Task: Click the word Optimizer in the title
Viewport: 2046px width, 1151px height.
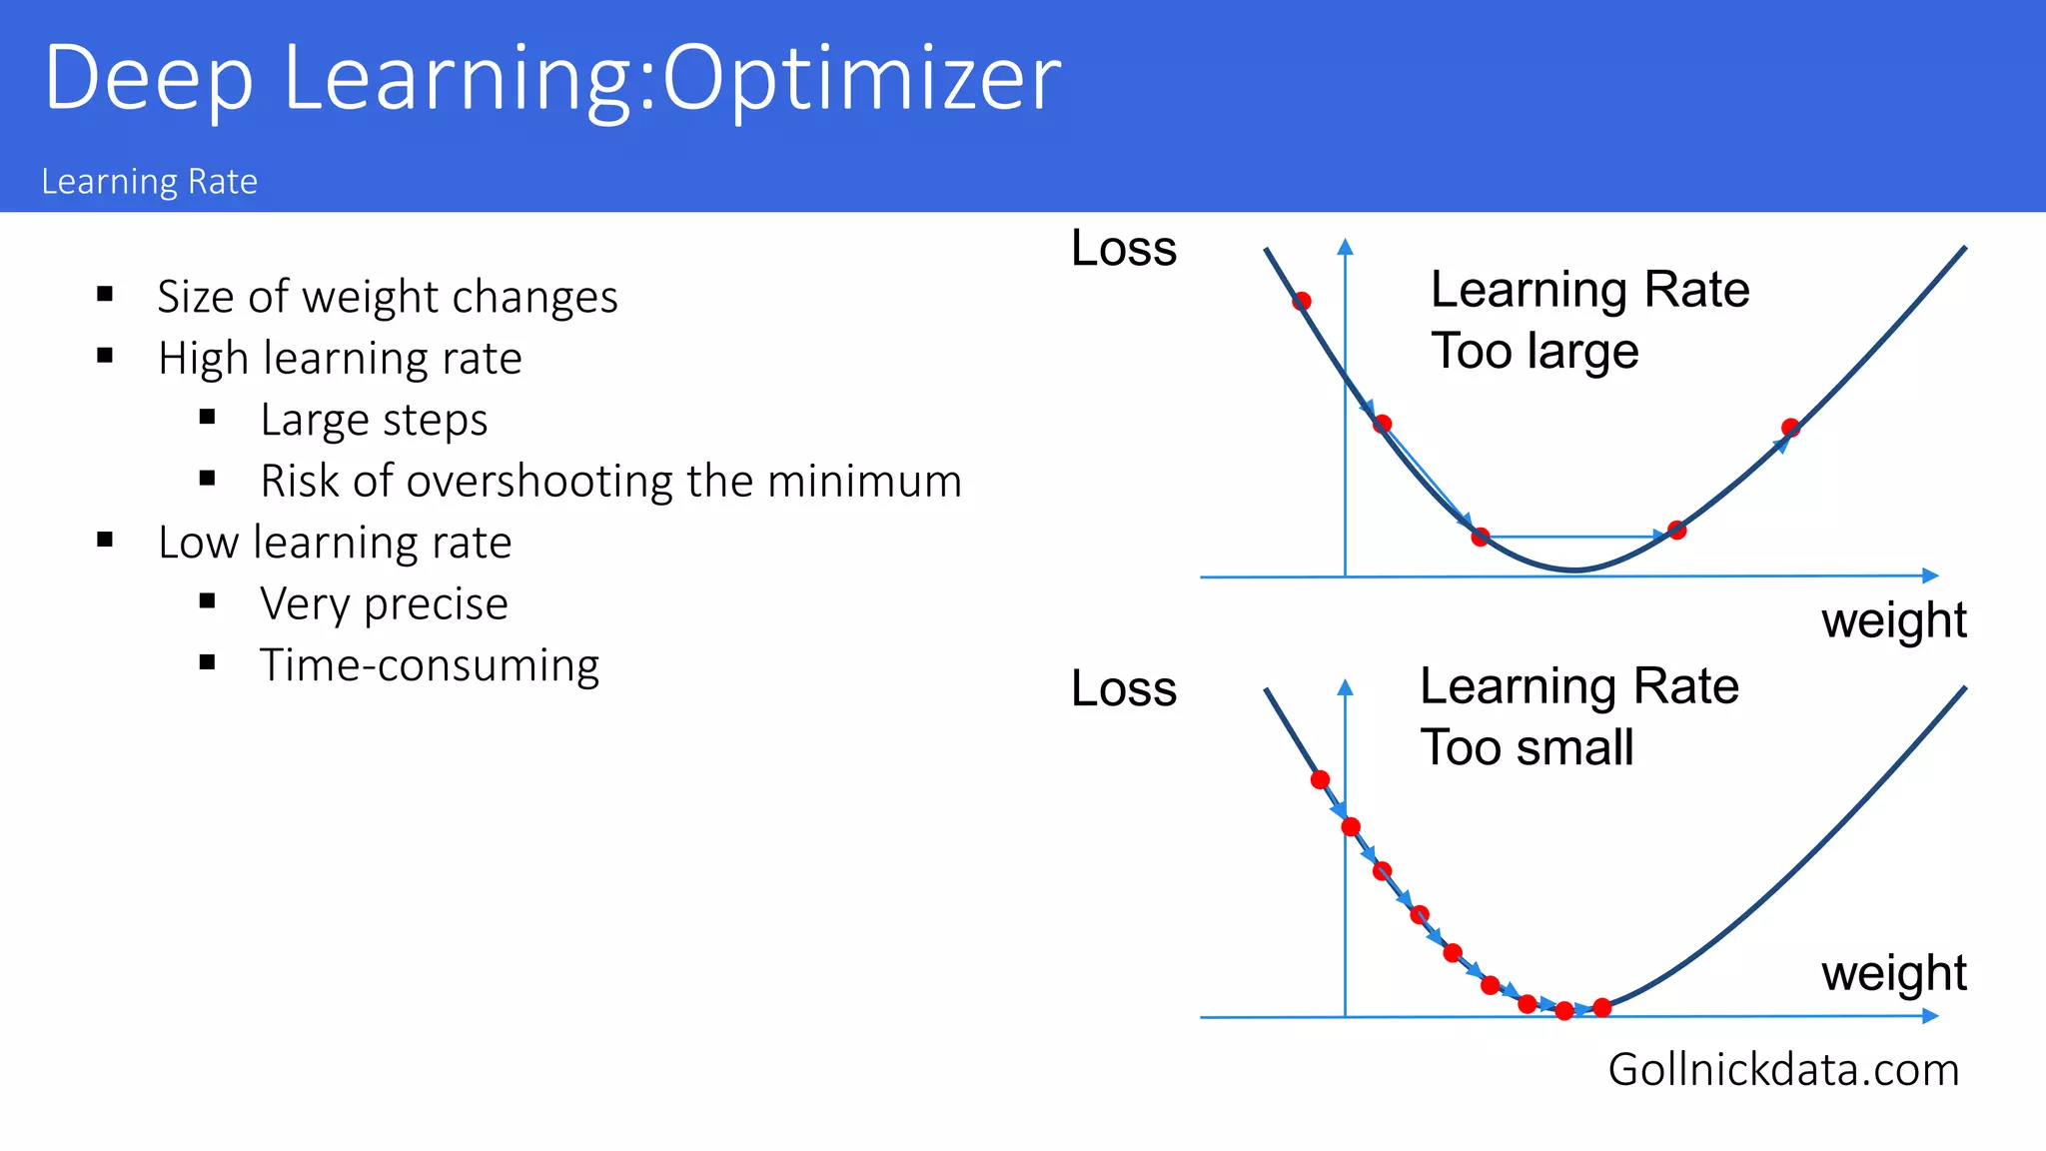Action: (x=861, y=78)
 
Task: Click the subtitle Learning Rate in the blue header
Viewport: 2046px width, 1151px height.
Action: (x=150, y=182)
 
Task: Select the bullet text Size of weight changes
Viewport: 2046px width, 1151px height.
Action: (x=388, y=297)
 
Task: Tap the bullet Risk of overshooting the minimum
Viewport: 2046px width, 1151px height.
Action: (x=610, y=481)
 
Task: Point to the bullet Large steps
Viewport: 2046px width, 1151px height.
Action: (x=374, y=420)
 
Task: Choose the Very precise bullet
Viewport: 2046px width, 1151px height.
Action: (x=384, y=603)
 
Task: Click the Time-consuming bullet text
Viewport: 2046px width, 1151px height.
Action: (x=430, y=665)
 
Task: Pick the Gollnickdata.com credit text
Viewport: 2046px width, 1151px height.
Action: (x=1783, y=1069)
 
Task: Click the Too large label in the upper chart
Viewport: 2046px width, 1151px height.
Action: (x=1534, y=351)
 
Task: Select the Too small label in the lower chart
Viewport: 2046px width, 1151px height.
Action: (x=1527, y=747)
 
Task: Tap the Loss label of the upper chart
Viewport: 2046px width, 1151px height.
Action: (x=1124, y=248)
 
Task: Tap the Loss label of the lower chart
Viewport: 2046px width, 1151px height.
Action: (x=1124, y=688)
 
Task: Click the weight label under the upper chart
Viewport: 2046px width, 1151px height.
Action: (x=1893, y=620)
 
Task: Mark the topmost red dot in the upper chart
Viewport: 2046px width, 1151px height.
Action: (x=1302, y=301)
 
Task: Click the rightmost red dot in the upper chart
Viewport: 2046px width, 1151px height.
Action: (x=1790, y=428)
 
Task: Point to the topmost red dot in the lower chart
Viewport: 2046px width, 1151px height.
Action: (x=1320, y=779)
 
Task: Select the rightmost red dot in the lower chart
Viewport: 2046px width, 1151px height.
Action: (x=1602, y=1007)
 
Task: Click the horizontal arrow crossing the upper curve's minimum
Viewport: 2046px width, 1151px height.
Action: (x=1578, y=537)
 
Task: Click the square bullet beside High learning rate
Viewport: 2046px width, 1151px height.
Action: (x=105, y=356)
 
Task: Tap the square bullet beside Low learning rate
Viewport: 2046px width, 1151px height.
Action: (x=105, y=541)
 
